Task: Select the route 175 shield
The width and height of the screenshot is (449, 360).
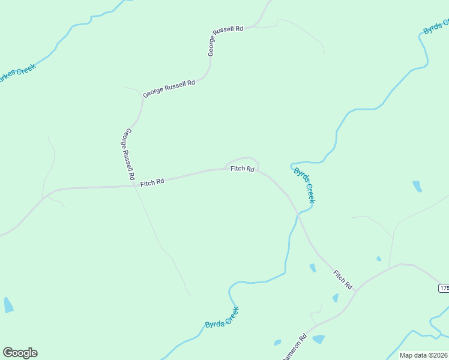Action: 444,289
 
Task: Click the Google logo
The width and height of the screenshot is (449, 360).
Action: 20,353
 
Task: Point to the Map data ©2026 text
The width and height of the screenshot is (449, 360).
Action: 424,355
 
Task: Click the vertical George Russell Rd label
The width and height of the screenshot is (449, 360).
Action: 127,155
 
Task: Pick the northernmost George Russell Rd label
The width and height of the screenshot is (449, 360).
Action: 226,40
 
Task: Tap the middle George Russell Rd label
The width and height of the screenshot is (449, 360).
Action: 169,89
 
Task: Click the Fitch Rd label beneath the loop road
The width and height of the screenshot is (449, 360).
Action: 243,169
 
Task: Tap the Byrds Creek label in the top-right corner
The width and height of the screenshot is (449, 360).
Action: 436,27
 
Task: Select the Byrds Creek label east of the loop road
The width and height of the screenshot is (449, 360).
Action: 304,185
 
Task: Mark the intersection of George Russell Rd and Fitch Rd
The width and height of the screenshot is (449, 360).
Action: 134,185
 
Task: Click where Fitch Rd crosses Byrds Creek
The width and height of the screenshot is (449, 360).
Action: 298,213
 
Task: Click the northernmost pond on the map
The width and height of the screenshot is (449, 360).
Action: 417,187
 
